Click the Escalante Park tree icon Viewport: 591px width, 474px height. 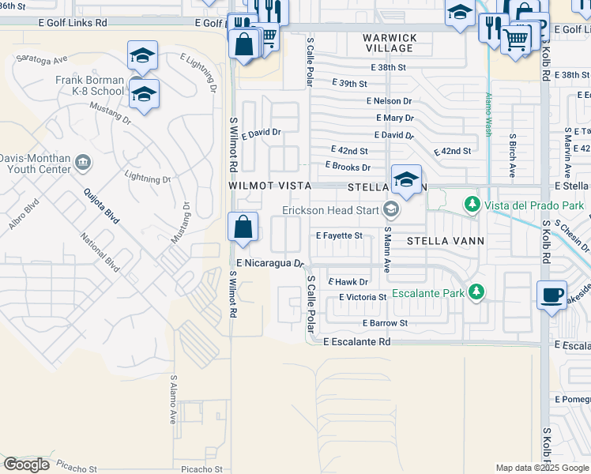(x=476, y=292)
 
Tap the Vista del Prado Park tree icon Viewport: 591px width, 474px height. (x=472, y=205)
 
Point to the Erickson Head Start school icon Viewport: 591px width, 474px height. (x=389, y=209)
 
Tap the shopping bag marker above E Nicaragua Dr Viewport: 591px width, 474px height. (x=243, y=227)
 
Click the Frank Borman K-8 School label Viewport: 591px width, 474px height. (x=90, y=85)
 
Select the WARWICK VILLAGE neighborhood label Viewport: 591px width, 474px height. (x=390, y=43)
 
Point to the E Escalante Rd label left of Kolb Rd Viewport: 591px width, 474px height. (x=357, y=342)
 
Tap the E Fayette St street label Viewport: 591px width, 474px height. (x=338, y=235)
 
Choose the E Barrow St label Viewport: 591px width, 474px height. (x=385, y=323)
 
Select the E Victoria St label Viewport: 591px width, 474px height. (x=362, y=297)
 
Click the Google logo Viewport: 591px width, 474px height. (x=28, y=465)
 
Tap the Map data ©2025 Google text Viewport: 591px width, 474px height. (x=541, y=468)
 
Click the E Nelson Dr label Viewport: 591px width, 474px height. (x=389, y=101)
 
